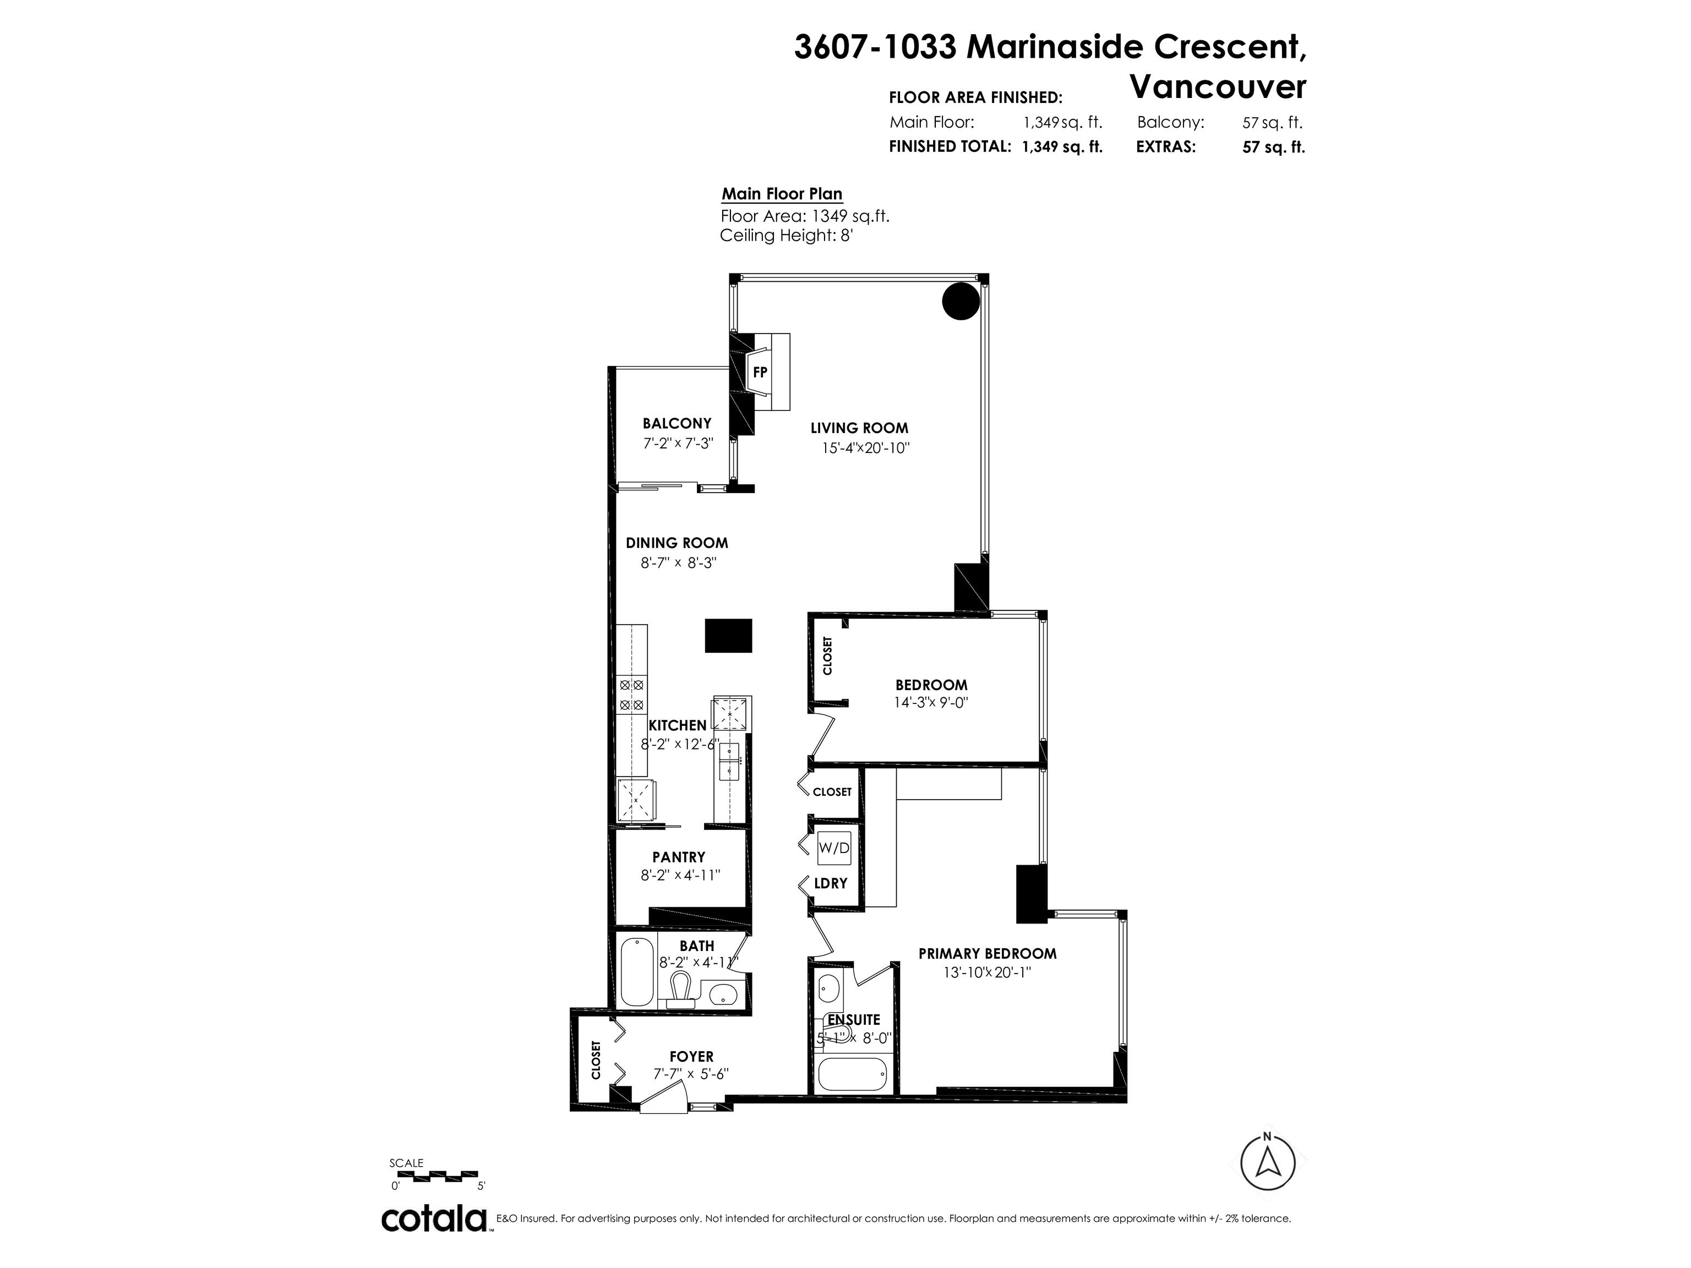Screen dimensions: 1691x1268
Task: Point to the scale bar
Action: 434,1175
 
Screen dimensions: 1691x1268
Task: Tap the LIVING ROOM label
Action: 859,428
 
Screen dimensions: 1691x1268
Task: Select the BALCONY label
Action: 677,423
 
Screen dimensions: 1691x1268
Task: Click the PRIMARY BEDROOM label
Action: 987,953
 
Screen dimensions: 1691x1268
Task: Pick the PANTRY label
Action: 678,857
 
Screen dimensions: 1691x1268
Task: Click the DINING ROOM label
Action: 677,543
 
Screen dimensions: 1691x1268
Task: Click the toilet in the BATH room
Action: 681,990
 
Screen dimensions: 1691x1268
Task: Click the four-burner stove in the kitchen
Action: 632,695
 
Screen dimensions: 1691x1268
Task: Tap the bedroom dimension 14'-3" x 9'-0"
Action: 930,702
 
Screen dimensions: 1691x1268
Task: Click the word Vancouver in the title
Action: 1218,86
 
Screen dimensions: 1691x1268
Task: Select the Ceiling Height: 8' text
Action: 786,236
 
